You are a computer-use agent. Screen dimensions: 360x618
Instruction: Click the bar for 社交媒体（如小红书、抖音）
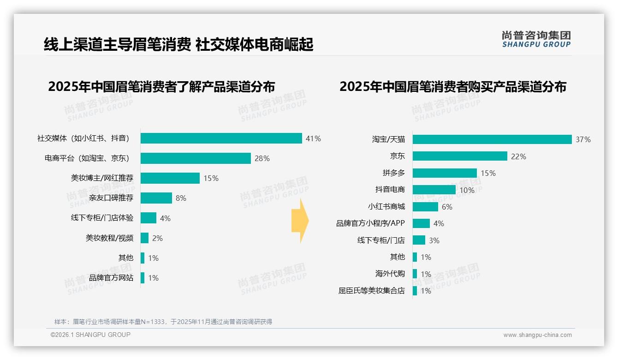(221, 138)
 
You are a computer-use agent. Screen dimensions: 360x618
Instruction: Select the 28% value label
(262, 158)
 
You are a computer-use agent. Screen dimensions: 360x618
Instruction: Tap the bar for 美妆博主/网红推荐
(170, 178)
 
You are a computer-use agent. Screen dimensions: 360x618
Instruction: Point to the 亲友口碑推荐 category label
(111, 198)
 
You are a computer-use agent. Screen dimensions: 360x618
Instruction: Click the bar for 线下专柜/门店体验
(149, 218)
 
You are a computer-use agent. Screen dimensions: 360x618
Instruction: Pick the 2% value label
(157, 238)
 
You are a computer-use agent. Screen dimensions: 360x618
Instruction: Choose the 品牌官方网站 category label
(111, 278)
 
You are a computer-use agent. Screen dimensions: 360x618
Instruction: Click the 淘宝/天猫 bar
(492, 139)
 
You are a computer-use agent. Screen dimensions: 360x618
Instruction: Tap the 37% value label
(583, 139)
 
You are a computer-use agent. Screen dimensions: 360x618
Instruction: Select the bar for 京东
(460, 156)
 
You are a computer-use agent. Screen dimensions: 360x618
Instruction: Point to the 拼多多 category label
(393, 173)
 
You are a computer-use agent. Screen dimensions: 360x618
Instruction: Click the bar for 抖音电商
(434, 190)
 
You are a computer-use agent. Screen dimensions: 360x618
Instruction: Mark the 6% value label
(447, 207)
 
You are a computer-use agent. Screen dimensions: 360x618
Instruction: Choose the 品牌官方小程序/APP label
(370, 223)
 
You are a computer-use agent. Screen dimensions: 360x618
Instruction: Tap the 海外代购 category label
(390, 274)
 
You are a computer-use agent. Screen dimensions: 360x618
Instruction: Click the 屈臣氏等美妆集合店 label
(371, 291)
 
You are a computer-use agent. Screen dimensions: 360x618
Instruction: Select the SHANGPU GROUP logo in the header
(536, 39)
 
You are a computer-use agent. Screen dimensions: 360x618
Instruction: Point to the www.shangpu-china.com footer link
(537, 335)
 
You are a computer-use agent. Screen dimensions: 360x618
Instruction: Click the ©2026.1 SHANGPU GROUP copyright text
(90, 335)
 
